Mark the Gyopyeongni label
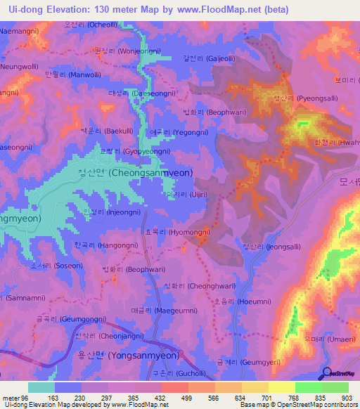(128, 151)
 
